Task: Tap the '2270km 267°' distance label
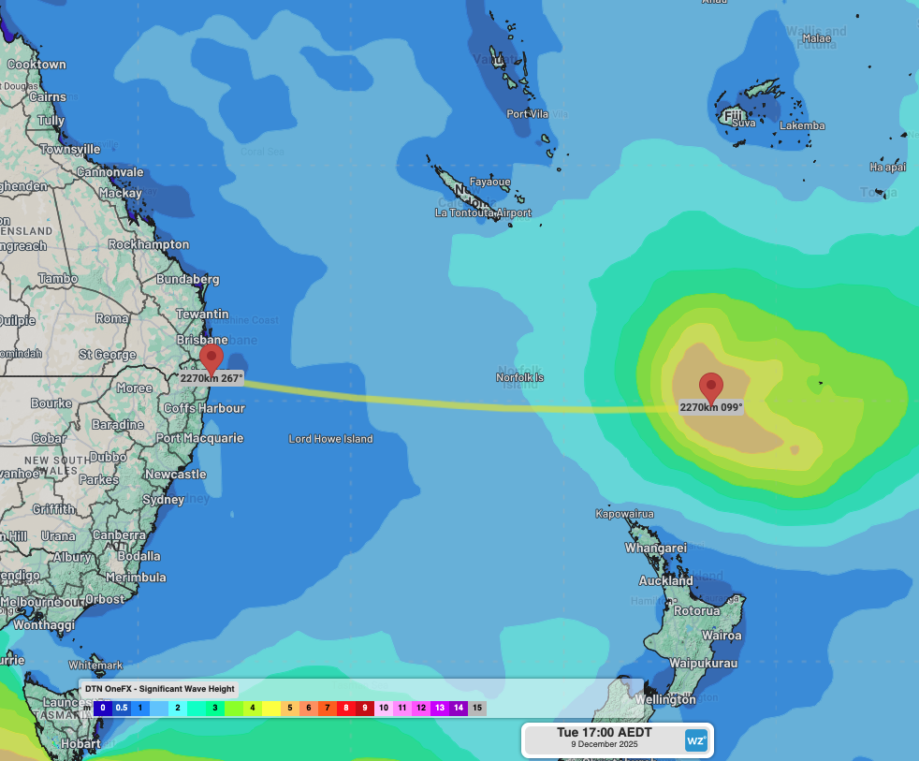(x=212, y=379)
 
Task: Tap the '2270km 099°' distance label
(x=711, y=407)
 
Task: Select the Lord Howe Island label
(x=330, y=439)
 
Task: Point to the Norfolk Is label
(x=519, y=378)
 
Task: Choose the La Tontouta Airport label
(x=483, y=213)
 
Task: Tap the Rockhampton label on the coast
(x=149, y=244)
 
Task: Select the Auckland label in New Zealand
(x=666, y=581)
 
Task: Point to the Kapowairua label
(x=625, y=514)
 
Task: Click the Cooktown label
(x=36, y=65)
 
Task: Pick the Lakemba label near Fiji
(x=802, y=126)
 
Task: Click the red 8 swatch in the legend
(x=345, y=709)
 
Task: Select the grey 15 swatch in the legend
(x=477, y=709)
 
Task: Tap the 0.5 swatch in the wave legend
(x=122, y=709)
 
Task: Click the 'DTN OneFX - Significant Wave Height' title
(x=159, y=689)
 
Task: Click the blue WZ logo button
(x=696, y=739)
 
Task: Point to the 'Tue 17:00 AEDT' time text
(x=605, y=732)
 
